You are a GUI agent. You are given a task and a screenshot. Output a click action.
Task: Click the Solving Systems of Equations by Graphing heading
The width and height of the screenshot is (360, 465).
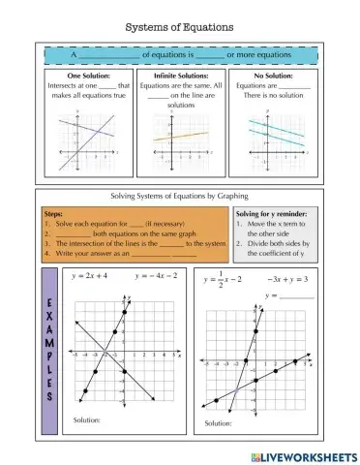(x=181, y=196)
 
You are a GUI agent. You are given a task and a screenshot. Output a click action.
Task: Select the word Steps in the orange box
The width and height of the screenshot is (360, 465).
(x=57, y=210)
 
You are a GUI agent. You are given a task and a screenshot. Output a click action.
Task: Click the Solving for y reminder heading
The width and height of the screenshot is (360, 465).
(x=276, y=210)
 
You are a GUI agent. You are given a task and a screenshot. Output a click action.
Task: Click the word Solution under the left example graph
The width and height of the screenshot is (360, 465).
(x=86, y=418)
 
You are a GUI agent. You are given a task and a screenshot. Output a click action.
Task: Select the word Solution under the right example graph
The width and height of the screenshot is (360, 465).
(x=220, y=423)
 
